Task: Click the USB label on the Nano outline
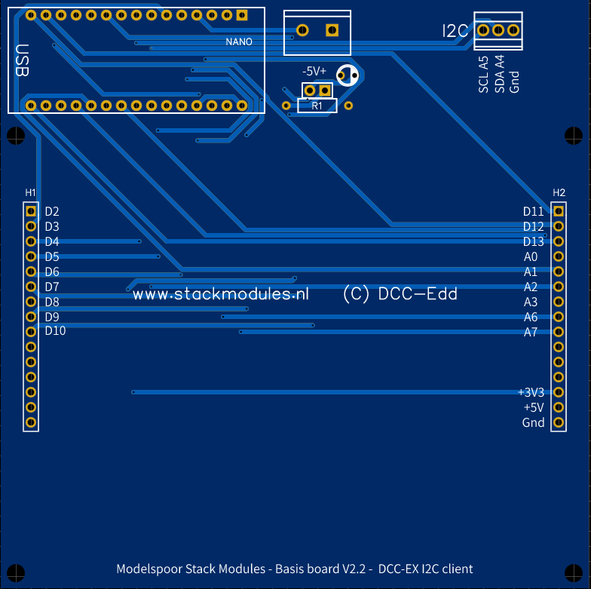click(22, 61)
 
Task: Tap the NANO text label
click(239, 41)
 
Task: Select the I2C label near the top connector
click(455, 31)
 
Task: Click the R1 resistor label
click(317, 106)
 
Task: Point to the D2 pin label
click(52, 212)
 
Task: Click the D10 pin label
click(55, 331)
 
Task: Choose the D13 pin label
click(533, 241)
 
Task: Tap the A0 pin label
click(531, 256)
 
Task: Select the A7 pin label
click(531, 332)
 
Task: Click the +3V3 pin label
click(531, 392)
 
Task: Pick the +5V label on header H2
click(533, 407)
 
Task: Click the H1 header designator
click(31, 193)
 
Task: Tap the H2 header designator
click(559, 193)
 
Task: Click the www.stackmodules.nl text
click(221, 295)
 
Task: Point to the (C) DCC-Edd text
click(400, 294)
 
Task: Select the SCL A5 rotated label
click(483, 75)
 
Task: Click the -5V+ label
click(314, 71)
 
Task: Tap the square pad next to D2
click(31, 211)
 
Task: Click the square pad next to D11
click(559, 211)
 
